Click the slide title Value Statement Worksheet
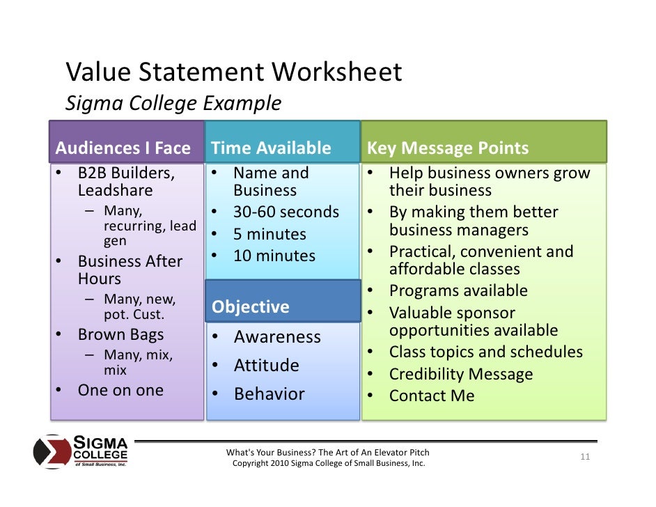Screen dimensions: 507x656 click(233, 72)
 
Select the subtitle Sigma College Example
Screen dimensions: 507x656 click(173, 104)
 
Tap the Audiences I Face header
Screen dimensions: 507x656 click(123, 148)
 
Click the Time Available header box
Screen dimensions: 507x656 click(271, 148)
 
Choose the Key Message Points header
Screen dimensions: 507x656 click(448, 148)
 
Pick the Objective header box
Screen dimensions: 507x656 click(250, 306)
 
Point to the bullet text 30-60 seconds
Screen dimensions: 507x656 click(286, 212)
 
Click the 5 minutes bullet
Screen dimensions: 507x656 click(270, 234)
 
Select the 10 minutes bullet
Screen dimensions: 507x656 click(274, 256)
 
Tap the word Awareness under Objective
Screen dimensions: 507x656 click(277, 337)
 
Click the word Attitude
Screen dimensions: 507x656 click(266, 365)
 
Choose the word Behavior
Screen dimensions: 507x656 click(269, 394)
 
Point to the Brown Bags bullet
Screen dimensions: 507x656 click(120, 334)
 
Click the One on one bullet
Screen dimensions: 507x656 click(120, 390)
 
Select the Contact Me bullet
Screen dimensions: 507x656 click(432, 396)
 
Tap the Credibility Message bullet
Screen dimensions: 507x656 click(461, 374)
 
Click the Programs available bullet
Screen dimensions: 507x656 click(458, 290)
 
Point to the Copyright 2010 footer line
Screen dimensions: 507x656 click(328, 463)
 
